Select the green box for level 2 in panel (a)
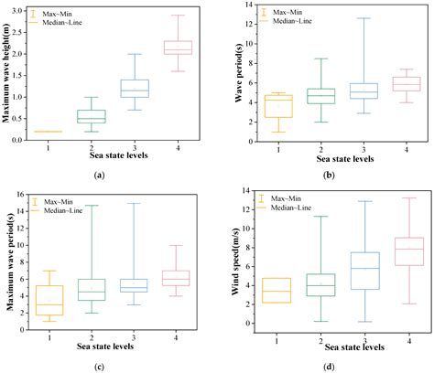pos(91,116)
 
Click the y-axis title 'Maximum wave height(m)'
pos(8,73)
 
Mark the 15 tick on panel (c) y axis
pos(28,204)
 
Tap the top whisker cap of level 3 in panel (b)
pos(338,18)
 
